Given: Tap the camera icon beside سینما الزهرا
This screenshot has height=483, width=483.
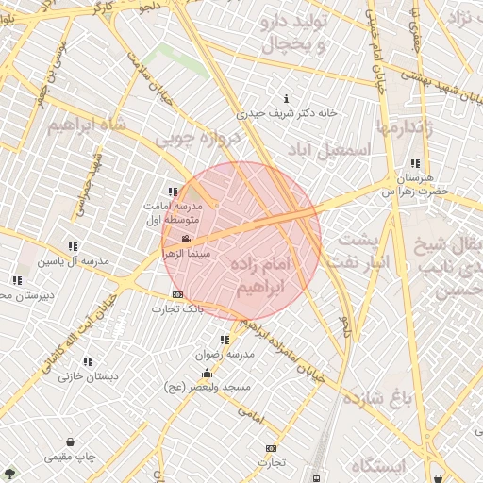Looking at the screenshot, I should point(187,239).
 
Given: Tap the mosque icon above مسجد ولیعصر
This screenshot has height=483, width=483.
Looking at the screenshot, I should point(208,374).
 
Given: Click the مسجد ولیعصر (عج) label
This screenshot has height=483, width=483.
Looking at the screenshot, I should point(208,388).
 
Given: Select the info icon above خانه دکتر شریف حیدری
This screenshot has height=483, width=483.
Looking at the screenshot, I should point(286,99).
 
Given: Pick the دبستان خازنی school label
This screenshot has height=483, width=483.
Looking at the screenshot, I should point(88,376).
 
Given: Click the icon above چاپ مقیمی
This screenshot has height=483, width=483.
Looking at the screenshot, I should point(70,441).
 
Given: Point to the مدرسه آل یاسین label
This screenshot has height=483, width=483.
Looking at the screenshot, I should point(73,260).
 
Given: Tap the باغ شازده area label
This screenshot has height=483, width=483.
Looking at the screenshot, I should point(377,397).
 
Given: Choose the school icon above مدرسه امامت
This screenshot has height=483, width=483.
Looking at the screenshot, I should point(173,192).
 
